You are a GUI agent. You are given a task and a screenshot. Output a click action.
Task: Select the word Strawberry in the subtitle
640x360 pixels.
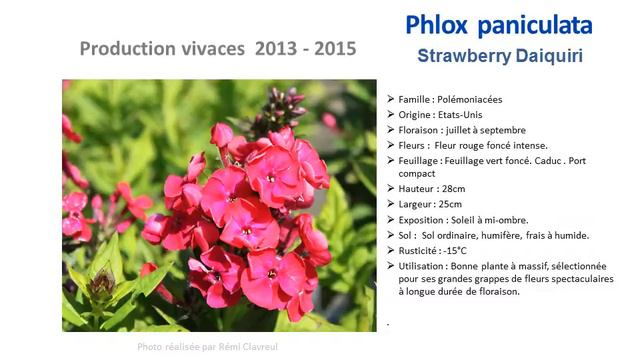click(x=463, y=56)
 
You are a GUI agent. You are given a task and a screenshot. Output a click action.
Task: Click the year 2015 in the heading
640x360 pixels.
click(x=334, y=48)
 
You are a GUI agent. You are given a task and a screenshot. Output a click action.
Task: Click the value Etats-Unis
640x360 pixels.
click(x=461, y=115)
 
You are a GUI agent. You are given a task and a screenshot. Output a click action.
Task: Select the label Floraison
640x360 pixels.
click(x=421, y=130)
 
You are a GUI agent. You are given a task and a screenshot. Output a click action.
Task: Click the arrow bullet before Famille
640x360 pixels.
click(x=390, y=100)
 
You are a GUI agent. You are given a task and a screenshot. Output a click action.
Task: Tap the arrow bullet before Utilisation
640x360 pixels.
click(x=390, y=266)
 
